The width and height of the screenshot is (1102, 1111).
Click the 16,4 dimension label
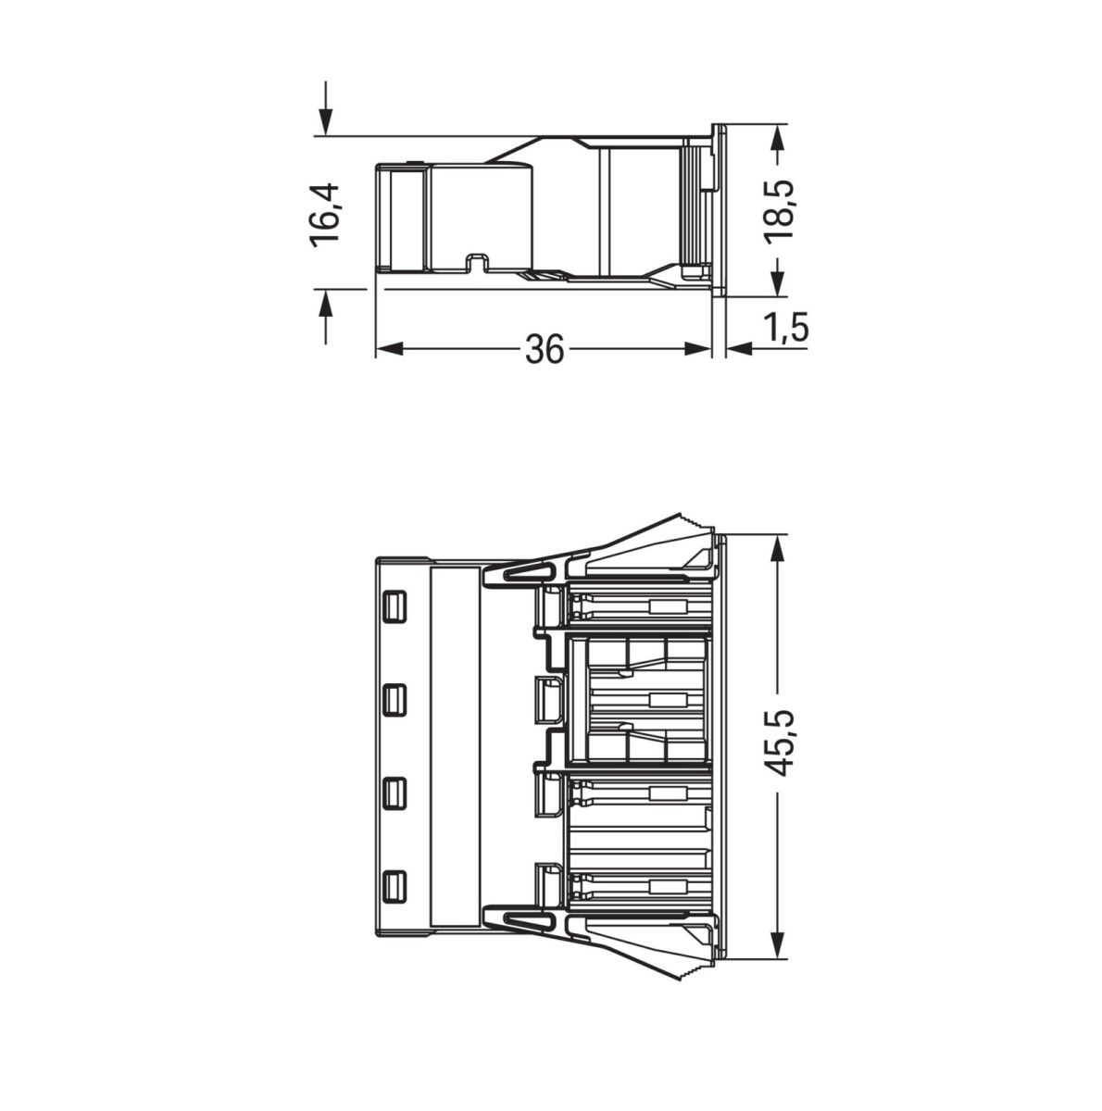tap(326, 214)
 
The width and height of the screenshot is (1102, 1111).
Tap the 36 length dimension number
tap(545, 349)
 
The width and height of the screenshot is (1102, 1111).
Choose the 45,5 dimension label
tap(783, 743)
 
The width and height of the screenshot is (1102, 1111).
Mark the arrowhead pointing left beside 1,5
tap(738, 349)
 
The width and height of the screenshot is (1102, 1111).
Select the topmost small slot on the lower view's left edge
tap(394, 606)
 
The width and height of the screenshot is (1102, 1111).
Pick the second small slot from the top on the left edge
tap(394, 699)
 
